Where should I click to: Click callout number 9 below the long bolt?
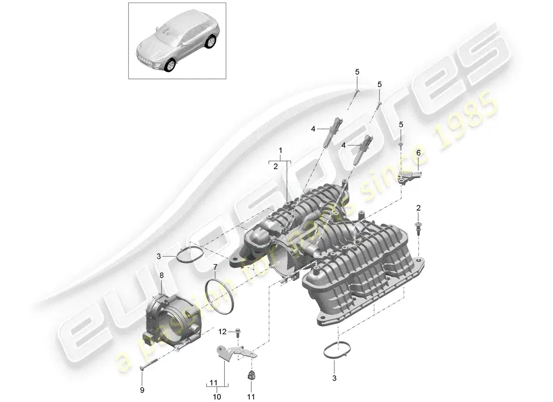click(x=141, y=390)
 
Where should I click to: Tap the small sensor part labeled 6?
click(x=409, y=175)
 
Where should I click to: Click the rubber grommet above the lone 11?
click(x=250, y=374)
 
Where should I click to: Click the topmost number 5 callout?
click(x=357, y=72)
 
